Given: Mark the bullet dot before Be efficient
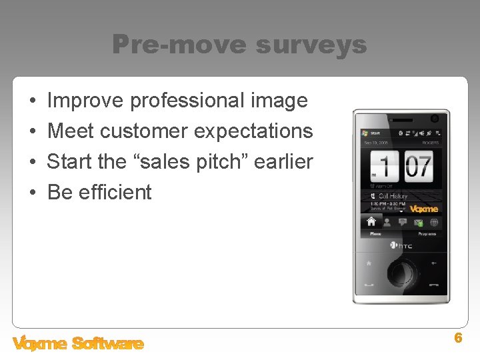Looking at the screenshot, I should point(33,193).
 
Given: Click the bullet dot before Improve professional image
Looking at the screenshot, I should point(33,101).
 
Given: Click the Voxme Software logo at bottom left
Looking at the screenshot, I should point(78,343).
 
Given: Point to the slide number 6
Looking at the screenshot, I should point(458,338).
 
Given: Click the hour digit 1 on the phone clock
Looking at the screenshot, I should point(385,164).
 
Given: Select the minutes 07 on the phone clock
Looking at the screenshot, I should point(418,164).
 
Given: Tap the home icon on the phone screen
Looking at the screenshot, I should point(371,222).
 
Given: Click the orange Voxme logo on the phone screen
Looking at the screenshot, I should point(423,209).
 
